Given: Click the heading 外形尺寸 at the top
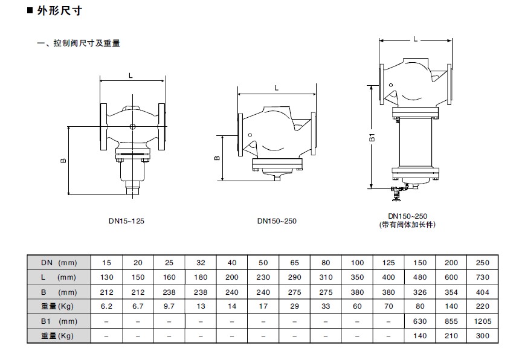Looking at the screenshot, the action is click(59, 11).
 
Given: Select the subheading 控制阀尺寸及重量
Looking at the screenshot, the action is click(87, 43).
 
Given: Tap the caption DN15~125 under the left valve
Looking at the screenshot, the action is click(126, 221).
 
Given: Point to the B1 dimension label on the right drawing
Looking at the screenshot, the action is click(373, 137).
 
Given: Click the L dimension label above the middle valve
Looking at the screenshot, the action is click(276, 88).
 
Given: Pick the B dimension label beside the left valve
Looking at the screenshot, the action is click(63, 161).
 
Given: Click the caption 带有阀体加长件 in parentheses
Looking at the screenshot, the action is click(407, 225).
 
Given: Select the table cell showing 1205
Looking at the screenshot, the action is click(482, 321).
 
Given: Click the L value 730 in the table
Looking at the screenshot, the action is click(482, 277).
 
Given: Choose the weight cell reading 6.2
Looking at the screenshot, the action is click(106, 306).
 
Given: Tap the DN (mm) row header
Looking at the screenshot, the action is click(59, 263).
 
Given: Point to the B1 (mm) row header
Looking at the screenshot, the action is click(59, 321).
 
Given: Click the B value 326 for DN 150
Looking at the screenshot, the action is click(420, 292).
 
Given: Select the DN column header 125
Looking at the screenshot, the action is click(388, 263).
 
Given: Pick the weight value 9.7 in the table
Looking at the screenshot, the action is click(169, 306).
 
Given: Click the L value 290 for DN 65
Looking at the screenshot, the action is click(294, 277).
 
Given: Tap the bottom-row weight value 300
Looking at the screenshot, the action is click(482, 336).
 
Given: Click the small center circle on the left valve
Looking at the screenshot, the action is click(133, 126).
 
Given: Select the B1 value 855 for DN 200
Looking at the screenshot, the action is click(451, 321).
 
